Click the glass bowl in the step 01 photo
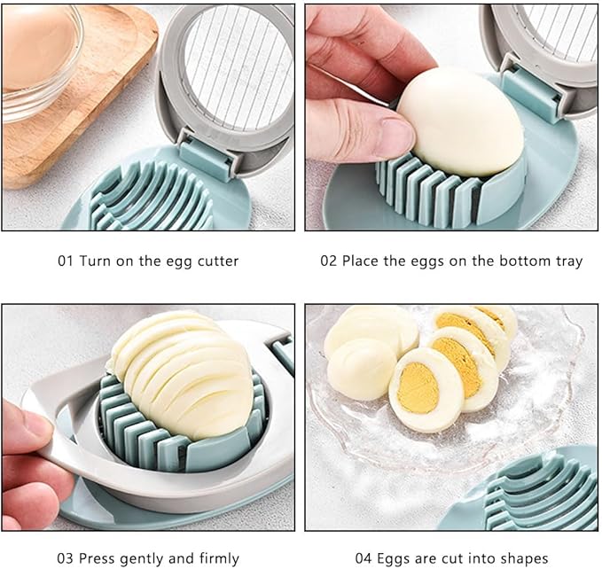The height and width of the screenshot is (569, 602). point(40,62)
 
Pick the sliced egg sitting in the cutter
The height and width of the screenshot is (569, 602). point(182,372)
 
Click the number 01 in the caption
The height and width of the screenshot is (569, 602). point(66,261)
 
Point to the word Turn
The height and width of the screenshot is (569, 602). point(95,261)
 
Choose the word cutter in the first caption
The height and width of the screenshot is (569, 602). point(218,261)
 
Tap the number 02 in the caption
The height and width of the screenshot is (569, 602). point(329,261)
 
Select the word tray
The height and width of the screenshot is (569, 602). point(568,261)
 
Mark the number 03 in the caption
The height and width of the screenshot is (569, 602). point(66,558)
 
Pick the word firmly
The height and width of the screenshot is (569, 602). point(216,558)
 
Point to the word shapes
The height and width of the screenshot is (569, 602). point(528,558)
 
